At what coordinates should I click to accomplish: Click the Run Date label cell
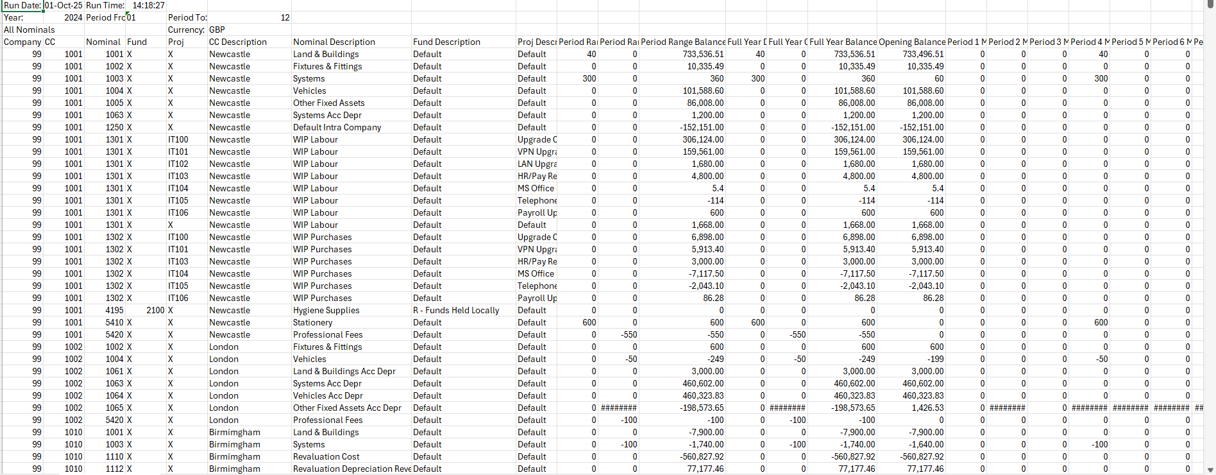click(22, 5)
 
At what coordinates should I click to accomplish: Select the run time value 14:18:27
click(149, 5)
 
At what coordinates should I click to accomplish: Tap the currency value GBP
click(217, 30)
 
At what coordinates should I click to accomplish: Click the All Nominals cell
click(30, 30)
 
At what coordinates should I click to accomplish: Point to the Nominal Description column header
click(334, 42)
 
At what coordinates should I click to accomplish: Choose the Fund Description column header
click(446, 42)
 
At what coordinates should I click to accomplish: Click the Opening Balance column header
click(912, 42)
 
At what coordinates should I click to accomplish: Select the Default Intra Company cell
click(337, 127)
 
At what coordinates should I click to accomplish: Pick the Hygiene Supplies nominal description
click(326, 310)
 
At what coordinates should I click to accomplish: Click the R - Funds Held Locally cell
click(456, 310)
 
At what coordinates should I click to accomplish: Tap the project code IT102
click(178, 164)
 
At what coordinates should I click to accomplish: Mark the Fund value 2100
click(155, 310)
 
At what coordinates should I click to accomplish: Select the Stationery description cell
click(312, 322)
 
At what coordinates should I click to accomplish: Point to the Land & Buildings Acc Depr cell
click(344, 371)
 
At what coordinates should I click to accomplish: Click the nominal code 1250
click(115, 127)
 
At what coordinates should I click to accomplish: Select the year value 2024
click(73, 17)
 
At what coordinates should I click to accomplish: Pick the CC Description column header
click(238, 42)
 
